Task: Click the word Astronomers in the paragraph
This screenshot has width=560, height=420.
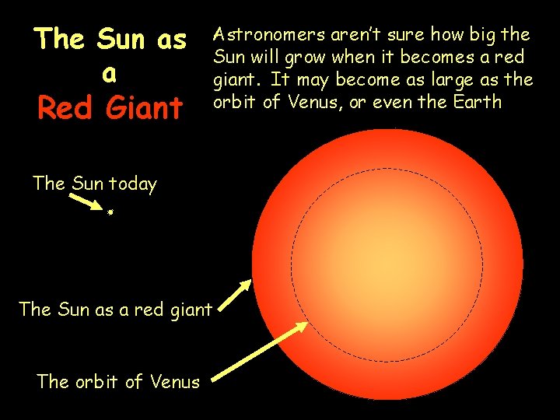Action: coord(260,35)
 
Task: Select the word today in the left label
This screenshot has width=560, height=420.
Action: coord(132,184)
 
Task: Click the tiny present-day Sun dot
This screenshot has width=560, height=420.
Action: coord(111,211)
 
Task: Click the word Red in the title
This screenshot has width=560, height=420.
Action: coord(61,108)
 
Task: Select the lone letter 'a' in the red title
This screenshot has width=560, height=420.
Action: coord(110,74)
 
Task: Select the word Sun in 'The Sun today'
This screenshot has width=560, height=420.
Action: coord(87,184)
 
